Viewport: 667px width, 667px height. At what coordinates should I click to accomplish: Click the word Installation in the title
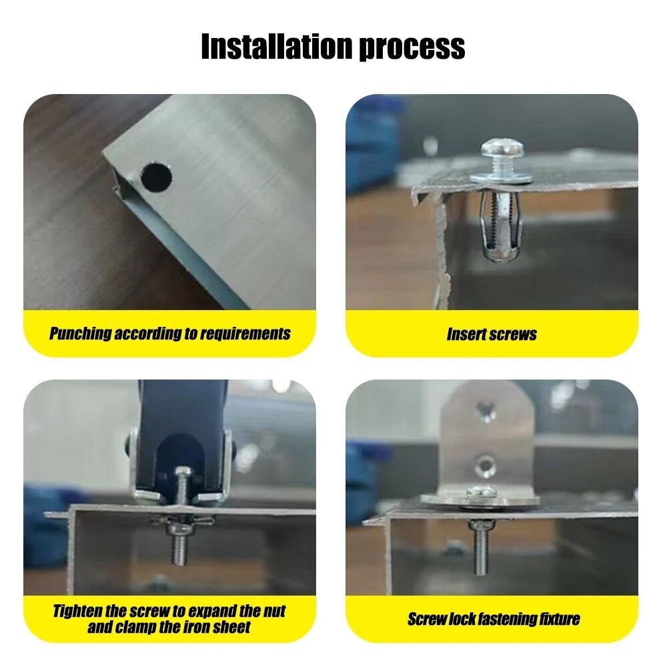pos(277,47)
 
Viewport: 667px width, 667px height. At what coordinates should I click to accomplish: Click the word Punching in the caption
pos(80,334)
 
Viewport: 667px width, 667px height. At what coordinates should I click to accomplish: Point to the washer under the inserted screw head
pos(501,177)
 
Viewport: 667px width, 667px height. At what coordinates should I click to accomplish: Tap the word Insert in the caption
pos(466,334)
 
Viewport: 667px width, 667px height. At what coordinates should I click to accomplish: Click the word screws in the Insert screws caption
pos(513,335)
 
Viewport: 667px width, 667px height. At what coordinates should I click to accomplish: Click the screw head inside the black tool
pos(183,472)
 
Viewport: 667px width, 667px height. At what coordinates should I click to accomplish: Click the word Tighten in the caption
pos(77,611)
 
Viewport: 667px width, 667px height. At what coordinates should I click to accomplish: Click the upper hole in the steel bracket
pos(486,410)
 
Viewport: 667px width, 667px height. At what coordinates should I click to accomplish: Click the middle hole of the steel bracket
pos(485,466)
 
